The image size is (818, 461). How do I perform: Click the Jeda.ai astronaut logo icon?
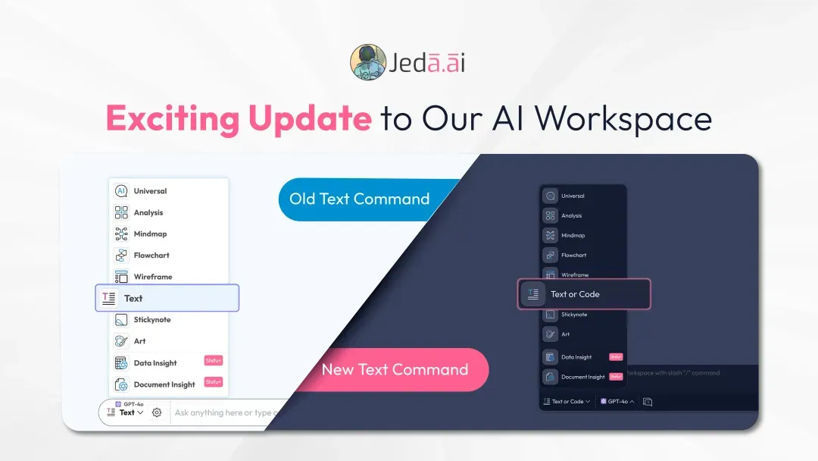tap(368, 62)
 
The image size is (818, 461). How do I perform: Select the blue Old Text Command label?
tap(360, 199)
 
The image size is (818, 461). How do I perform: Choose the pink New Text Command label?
tap(395, 370)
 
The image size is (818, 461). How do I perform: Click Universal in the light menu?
tap(150, 191)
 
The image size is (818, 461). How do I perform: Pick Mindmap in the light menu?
tap(150, 234)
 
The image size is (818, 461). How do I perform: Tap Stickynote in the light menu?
tap(152, 320)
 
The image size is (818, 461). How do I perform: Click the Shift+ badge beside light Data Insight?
tap(214, 361)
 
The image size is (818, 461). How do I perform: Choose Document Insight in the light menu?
tap(164, 384)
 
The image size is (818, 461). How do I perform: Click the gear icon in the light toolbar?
tap(157, 412)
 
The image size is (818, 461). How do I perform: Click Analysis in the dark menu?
tap(572, 216)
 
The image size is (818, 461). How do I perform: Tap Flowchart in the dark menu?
tap(574, 256)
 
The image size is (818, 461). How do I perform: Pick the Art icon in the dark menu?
tap(550, 334)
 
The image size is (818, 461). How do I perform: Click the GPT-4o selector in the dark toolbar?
tap(617, 402)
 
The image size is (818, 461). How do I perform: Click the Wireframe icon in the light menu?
tap(121, 277)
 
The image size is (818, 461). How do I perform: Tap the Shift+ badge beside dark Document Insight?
tap(616, 377)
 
